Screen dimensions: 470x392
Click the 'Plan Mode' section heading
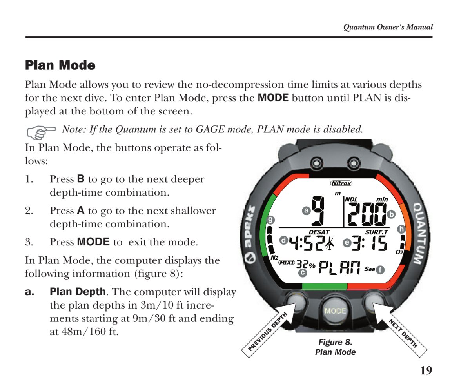60,65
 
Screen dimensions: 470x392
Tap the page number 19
426,371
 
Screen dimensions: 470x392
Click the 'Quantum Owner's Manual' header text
388,27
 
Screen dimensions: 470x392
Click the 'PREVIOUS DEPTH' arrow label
268,332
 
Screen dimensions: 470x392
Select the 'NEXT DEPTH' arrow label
403,333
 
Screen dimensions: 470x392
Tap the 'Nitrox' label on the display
341,183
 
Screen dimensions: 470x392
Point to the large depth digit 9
318,211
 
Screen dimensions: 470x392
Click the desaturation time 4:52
306,243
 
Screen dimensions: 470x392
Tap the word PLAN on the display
339,267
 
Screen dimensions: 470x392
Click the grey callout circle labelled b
391,214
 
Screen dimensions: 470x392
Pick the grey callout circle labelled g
270,220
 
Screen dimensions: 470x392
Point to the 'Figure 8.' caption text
335,342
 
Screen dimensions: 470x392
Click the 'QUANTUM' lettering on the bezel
421,234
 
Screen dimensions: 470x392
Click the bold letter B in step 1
81,179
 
